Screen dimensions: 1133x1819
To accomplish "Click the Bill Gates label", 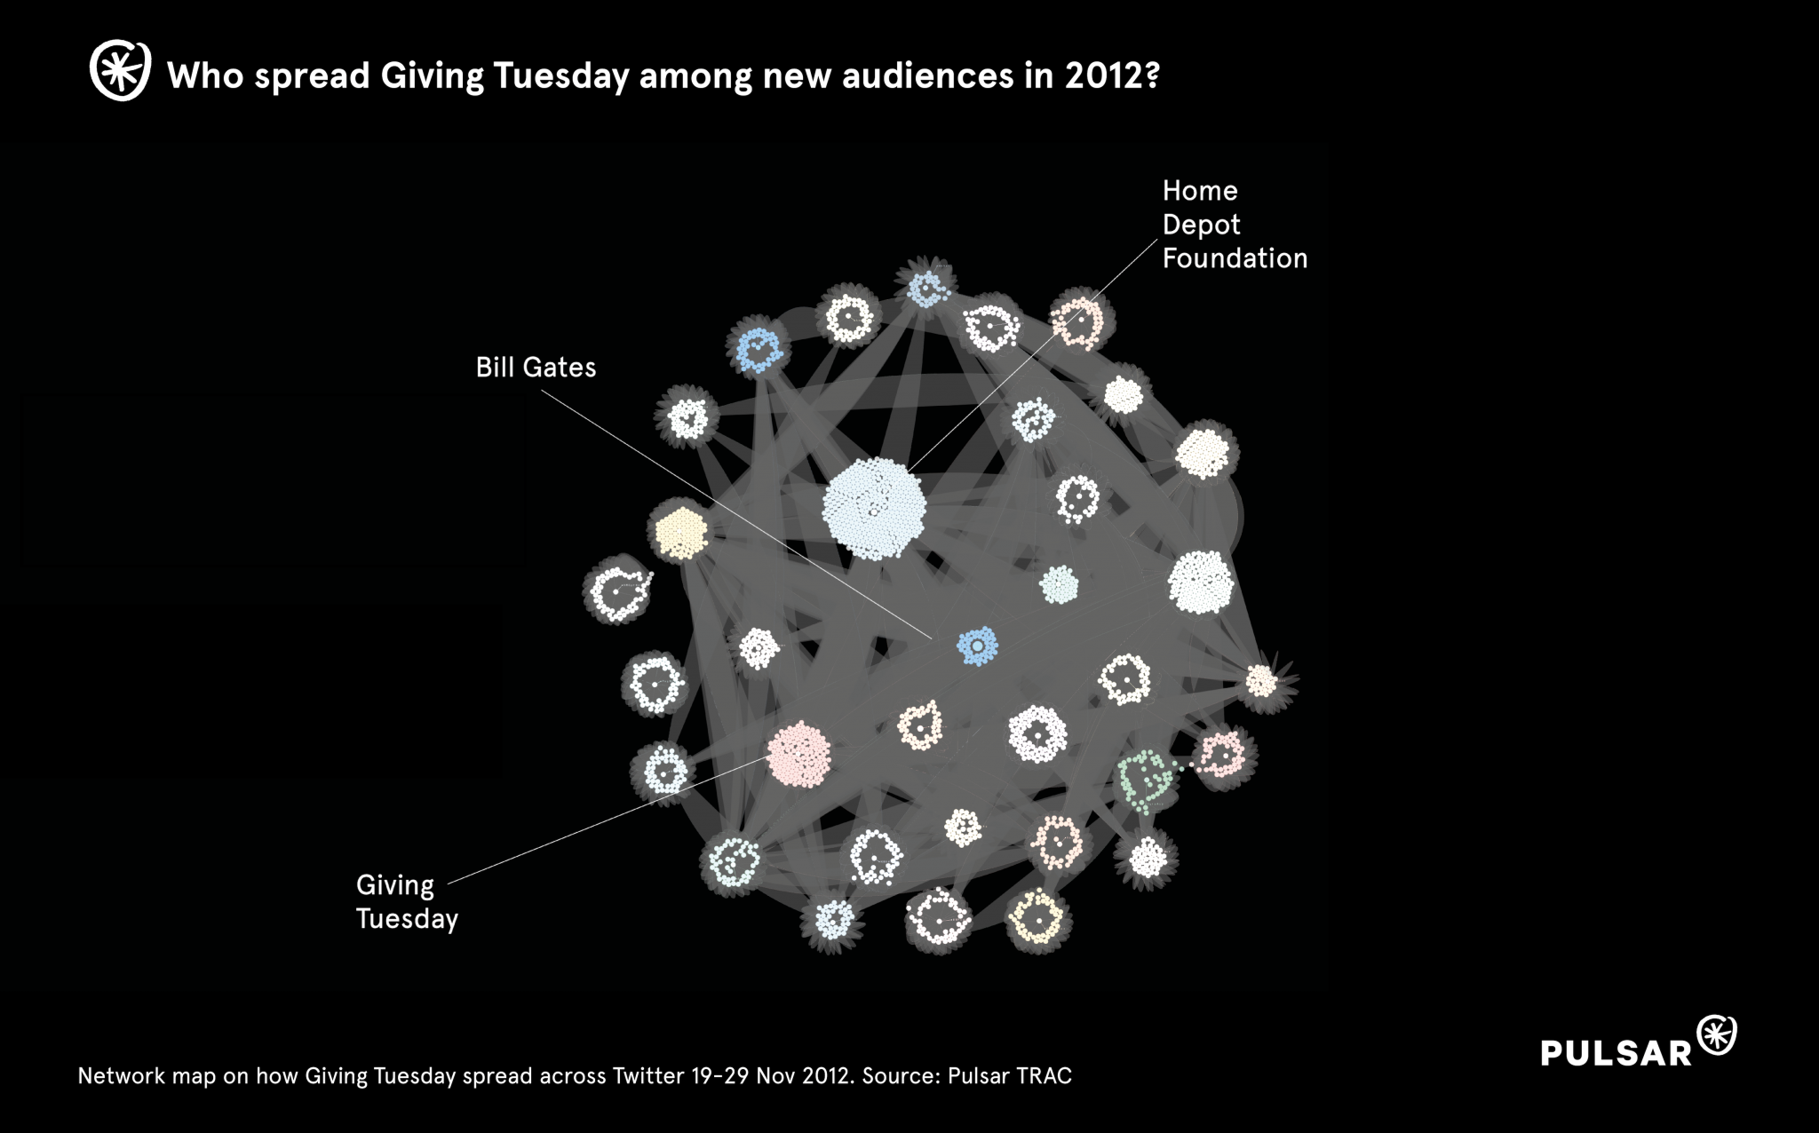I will coord(536,368).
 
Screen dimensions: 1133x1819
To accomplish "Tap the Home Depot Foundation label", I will coord(1234,225).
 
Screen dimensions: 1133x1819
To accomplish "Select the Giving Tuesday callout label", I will coord(407,901).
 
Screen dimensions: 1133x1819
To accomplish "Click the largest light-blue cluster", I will coord(874,509).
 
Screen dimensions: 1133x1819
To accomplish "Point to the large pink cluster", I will coord(798,754).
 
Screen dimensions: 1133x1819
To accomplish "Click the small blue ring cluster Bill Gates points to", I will coord(977,646).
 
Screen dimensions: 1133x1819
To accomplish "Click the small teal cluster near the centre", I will coord(1059,585).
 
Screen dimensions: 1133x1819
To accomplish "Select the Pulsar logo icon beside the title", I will coord(121,71).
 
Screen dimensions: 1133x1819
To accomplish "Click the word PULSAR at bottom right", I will coord(1616,1053).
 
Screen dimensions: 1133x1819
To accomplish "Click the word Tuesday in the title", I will coord(561,76).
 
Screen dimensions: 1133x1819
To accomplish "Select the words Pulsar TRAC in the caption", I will coord(1010,1076).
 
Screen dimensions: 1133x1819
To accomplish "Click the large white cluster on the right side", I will coord(1200,582).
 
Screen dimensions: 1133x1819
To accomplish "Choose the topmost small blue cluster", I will coord(927,288).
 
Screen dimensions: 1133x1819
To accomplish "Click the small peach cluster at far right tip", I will coord(1260,682).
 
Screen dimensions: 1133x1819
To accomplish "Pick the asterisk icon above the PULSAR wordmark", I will coord(1717,1035).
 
